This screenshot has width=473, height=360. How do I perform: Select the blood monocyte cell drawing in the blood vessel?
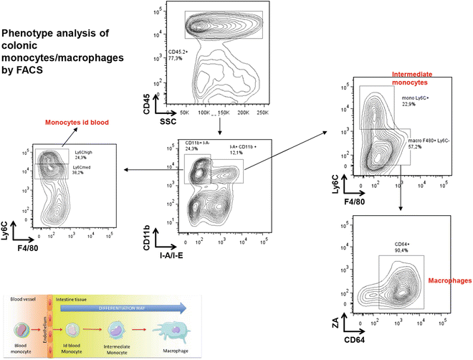22,331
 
